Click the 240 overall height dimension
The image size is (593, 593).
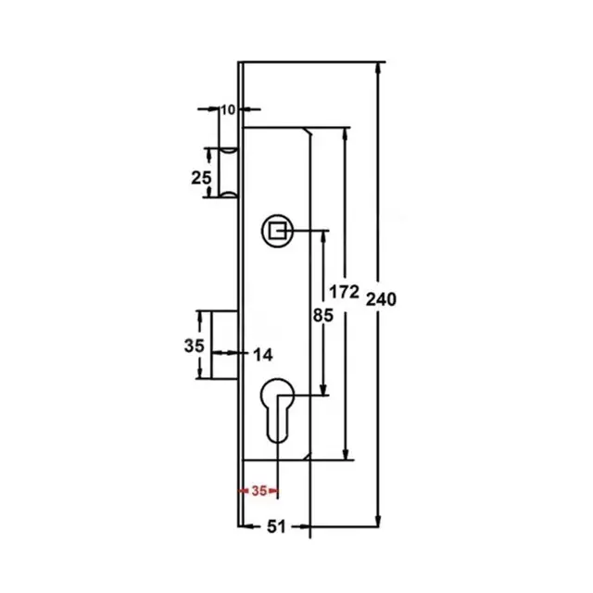(x=381, y=299)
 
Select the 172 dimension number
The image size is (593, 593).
(x=344, y=292)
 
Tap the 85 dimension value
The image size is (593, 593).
(x=323, y=315)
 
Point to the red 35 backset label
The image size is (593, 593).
(x=259, y=491)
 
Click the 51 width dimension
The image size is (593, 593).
(x=276, y=526)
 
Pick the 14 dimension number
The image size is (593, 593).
(x=262, y=355)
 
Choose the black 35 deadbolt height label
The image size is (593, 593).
(x=194, y=346)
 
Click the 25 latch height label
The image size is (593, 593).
(x=201, y=178)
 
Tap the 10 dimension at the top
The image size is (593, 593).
(x=228, y=109)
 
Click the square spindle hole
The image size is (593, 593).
(x=277, y=231)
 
